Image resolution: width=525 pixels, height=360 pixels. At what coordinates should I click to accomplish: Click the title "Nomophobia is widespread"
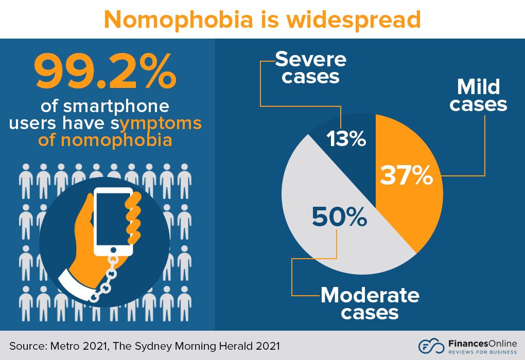pos(262,20)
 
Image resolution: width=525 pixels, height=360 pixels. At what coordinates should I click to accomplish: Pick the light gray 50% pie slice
pos(329,226)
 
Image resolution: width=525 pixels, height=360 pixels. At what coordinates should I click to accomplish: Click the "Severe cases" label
pos(311,68)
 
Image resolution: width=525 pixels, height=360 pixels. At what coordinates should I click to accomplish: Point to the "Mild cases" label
pos(478,95)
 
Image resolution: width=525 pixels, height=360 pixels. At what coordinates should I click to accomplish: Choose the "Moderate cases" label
pos(370,303)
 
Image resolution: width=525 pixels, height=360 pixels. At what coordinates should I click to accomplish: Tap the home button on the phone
pos(114,250)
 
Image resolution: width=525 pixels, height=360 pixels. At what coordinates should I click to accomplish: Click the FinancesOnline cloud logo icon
pos(431,346)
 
